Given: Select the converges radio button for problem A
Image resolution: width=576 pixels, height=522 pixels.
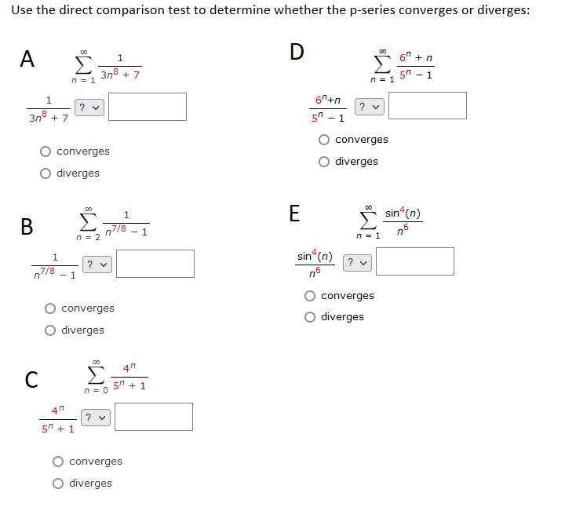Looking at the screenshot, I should click(x=46, y=151).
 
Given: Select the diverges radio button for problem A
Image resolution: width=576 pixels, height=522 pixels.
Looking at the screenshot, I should click(x=46, y=173).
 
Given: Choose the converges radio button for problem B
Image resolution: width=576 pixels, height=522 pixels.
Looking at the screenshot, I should click(x=50, y=308).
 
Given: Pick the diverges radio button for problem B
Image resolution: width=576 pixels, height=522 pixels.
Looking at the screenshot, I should click(x=50, y=330).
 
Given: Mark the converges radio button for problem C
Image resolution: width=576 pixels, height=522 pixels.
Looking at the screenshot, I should click(x=58, y=462).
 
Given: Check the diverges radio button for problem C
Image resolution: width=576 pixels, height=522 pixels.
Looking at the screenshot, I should click(x=58, y=484).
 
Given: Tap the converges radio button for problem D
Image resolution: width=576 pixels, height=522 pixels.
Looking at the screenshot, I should click(x=324, y=140).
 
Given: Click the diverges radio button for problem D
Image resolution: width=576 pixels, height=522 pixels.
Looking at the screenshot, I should click(x=324, y=162).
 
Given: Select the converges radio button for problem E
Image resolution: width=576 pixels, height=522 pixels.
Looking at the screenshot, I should click(x=310, y=296).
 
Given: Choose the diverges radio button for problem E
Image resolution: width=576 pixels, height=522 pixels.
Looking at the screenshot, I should click(x=310, y=317).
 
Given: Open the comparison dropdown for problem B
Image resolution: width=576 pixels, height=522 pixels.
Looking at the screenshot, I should click(x=97, y=265).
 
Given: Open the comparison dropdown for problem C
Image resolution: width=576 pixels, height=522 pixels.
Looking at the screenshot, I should click(x=97, y=417).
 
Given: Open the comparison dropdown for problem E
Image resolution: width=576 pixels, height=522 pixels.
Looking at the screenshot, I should click(x=357, y=262).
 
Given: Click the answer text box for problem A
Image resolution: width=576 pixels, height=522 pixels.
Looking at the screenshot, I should click(x=148, y=107).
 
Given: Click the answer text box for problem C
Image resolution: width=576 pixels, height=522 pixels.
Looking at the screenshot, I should click(x=155, y=417).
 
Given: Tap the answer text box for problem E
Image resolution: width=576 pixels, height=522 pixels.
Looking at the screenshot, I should click(x=414, y=261).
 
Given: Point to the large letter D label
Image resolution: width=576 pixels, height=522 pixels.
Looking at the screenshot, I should click(x=296, y=52).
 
